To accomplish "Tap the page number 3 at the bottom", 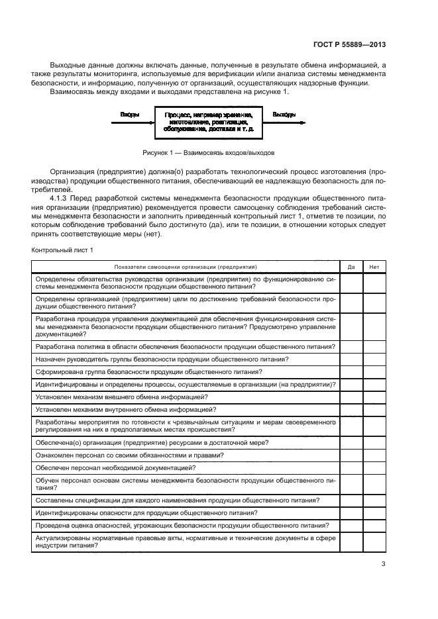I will (383, 564).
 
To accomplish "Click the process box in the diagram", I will (208, 122).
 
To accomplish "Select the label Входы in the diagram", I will (129, 115).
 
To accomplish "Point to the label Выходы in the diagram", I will (284, 115).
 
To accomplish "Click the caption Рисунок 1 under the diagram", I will (208, 152).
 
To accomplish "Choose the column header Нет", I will (374, 266).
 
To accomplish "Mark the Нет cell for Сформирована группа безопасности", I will (374, 372).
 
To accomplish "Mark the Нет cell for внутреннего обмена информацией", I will (374, 410).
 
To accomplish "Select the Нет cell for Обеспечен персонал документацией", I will (374, 467).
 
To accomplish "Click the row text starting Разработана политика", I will (185, 347).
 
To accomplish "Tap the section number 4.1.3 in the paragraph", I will (59, 197).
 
